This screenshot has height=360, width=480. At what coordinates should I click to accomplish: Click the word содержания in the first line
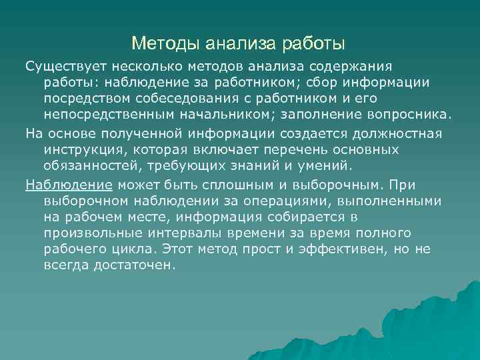(x=354, y=67)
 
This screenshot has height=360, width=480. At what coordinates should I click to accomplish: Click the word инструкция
(x=81, y=149)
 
